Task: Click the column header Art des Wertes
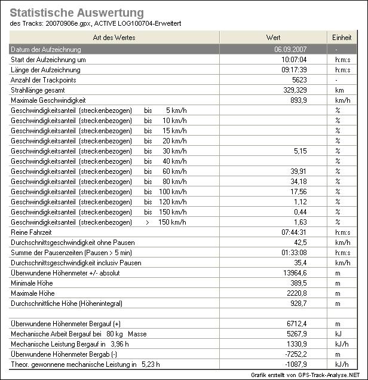click(x=114, y=38)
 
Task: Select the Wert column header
click(x=273, y=38)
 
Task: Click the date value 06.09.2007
click(x=291, y=49)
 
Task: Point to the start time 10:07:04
click(x=294, y=60)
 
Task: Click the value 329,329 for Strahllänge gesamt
click(x=293, y=90)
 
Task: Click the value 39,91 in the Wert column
click(x=298, y=171)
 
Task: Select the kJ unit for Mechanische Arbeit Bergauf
click(x=338, y=334)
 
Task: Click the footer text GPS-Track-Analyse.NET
click(x=326, y=375)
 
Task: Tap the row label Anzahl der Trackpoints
click(x=44, y=80)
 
